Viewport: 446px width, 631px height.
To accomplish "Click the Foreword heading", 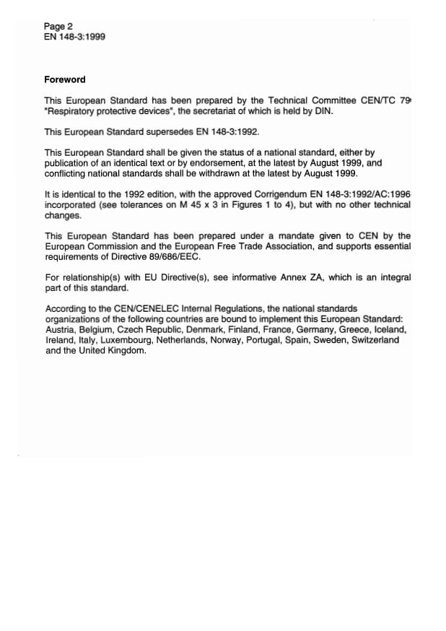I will coord(64,80).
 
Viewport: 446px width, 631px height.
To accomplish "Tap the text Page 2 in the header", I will coord(58,27).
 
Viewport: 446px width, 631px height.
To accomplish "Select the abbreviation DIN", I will coord(324,111).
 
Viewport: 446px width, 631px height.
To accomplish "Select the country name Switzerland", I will coord(375,340).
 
